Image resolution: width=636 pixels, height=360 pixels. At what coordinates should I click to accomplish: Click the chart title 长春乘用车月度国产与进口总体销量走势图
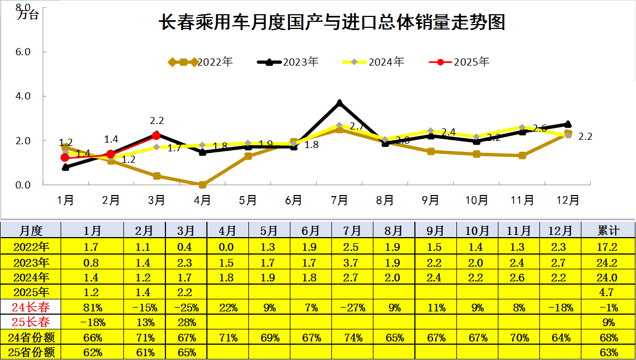[331, 22]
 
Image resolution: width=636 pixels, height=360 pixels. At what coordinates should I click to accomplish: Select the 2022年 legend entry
[201, 62]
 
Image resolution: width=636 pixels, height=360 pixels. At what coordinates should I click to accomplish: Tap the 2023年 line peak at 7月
[340, 103]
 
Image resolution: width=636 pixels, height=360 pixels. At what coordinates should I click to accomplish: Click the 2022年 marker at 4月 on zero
[203, 185]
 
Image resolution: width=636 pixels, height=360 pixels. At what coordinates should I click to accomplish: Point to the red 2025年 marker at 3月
[156, 135]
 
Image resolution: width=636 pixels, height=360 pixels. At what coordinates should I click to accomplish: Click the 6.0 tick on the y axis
[22, 52]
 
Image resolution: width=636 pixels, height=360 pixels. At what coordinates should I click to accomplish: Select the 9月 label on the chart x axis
[431, 200]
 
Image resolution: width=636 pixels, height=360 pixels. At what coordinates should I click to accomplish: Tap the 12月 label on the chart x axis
[568, 200]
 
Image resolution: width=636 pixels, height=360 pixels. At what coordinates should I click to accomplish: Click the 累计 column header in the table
[608, 230]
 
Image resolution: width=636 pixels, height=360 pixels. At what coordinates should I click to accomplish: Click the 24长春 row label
[31, 307]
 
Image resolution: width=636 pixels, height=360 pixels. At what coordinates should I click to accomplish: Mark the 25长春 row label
[31, 322]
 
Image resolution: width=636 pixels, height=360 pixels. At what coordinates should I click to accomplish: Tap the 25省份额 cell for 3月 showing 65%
[187, 352]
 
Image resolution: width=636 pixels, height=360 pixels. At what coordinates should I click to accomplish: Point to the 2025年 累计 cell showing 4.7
[608, 292]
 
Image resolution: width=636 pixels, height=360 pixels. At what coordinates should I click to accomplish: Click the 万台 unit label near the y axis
[28, 15]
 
